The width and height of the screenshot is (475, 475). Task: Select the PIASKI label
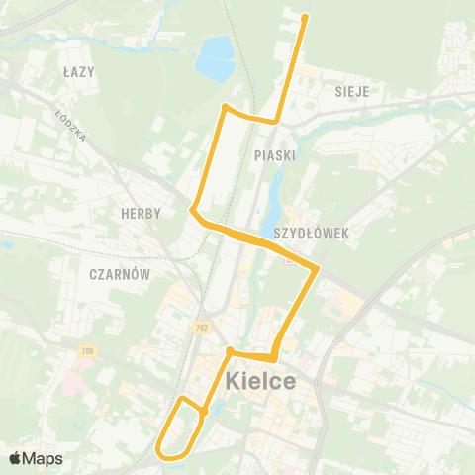274,155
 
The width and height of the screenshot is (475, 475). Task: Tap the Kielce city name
260,380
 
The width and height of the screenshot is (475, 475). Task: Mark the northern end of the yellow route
305,17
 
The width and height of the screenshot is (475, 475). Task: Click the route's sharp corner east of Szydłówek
317,268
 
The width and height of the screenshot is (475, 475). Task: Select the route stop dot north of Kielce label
230,350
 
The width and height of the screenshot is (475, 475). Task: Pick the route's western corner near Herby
192,210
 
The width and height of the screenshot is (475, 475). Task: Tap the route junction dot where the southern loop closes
203,413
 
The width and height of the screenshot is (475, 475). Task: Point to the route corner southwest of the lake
226,107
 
